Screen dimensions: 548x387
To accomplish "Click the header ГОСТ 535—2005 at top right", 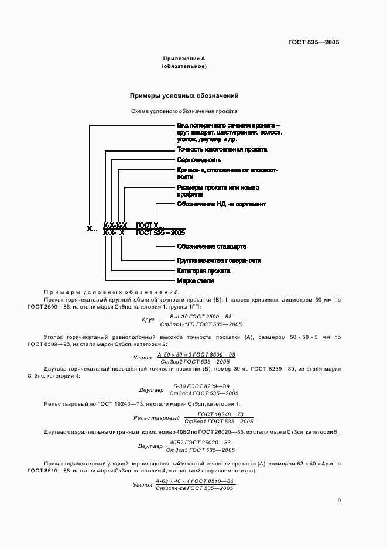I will click(x=314, y=42).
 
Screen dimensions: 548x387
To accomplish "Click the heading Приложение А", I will click(x=184, y=59).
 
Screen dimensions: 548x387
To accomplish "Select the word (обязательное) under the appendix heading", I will click(x=184, y=66).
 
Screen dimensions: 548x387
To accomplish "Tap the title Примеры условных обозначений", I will click(x=184, y=95).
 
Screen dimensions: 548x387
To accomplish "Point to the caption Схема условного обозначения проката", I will click(x=184, y=110).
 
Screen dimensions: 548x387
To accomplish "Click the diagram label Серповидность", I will click(x=199, y=160).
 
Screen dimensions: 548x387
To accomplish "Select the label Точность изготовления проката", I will click(x=214, y=150).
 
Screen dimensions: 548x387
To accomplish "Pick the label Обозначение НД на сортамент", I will click(x=221, y=204).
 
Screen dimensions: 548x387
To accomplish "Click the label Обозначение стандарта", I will click(x=211, y=246).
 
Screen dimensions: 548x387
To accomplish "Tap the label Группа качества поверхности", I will click(x=219, y=261).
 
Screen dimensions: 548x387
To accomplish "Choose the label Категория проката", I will click(x=204, y=271).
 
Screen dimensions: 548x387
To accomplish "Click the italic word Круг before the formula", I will click(x=148, y=320).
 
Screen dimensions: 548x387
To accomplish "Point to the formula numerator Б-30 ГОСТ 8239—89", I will click(x=202, y=386).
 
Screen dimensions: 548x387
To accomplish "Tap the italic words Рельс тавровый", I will click(x=156, y=418).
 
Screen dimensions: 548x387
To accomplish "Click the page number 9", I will click(x=339, y=501).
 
